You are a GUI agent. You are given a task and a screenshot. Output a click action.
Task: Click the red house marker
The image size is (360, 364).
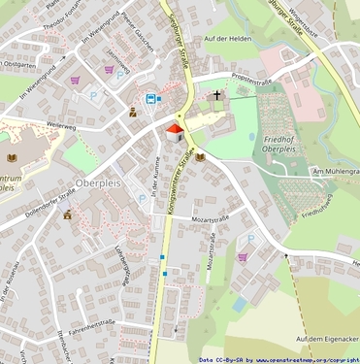point(175,132)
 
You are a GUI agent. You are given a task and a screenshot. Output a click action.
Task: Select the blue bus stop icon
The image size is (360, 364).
point(150,98)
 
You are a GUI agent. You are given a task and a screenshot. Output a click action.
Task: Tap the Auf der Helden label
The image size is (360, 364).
point(229,38)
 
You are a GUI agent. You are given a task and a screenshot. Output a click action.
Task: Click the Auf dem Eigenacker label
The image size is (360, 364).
point(328,338)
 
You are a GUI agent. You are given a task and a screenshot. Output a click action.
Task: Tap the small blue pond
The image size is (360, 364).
point(239,304)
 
